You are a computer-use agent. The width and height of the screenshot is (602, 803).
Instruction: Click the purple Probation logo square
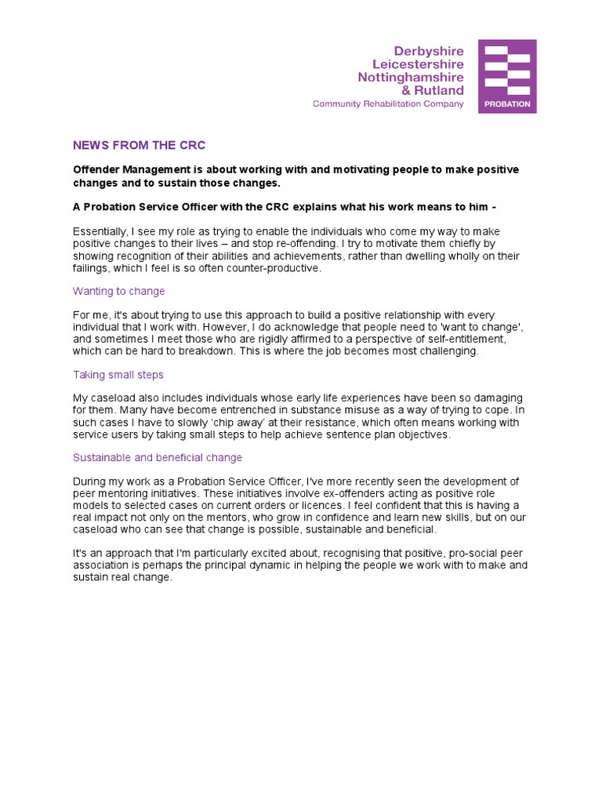click(507, 76)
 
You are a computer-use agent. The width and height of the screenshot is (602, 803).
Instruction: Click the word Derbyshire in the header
click(430, 49)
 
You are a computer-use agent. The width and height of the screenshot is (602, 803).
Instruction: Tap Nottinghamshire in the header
click(411, 77)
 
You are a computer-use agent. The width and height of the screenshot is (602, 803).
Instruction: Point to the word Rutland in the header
click(437, 90)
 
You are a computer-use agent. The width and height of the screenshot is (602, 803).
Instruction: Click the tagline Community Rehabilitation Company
click(388, 104)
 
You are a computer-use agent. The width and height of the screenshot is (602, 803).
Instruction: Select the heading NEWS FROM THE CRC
click(139, 146)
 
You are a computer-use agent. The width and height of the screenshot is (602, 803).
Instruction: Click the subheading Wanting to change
click(118, 291)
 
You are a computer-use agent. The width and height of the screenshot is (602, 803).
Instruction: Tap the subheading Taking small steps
click(118, 375)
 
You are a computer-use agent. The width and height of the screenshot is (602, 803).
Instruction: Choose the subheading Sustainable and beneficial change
click(158, 457)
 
